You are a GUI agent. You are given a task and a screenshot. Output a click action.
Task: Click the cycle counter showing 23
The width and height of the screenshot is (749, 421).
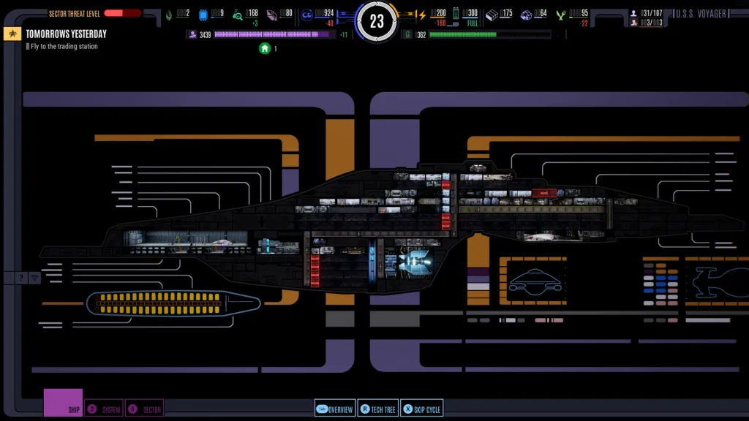pyautogui.click(x=377, y=22)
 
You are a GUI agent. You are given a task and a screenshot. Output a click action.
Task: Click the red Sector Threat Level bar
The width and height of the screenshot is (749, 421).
pyautogui.click(x=122, y=13)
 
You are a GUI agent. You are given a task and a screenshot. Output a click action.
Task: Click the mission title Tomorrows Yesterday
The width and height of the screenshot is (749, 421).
pyautogui.click(x=66, y=34)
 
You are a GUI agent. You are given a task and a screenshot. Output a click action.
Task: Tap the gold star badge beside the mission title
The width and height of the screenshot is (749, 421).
pyautogui.click(x=12, y=34)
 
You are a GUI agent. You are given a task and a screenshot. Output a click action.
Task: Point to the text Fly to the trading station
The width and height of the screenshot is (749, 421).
pyautogui.click(x=64, y=46)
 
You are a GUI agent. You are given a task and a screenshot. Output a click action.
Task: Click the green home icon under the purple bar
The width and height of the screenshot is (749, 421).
pyautogui.click(x=265, y=48)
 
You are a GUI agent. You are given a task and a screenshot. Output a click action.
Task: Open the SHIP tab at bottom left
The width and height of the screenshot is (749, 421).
pyautogui.click(x=64, y=403)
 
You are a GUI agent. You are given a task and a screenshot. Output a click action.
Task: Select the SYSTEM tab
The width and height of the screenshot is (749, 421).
pyautogui.click(x=104, y=409)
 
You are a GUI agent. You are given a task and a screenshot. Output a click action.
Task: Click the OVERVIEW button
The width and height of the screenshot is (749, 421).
pyautogui.click(x=335, y=409)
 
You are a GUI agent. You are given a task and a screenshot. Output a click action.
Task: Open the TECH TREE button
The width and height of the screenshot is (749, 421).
pyautogui.click(x=377, y=409)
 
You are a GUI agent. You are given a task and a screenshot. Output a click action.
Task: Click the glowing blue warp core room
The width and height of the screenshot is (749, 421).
pyautogui.click(x=415, y=261)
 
